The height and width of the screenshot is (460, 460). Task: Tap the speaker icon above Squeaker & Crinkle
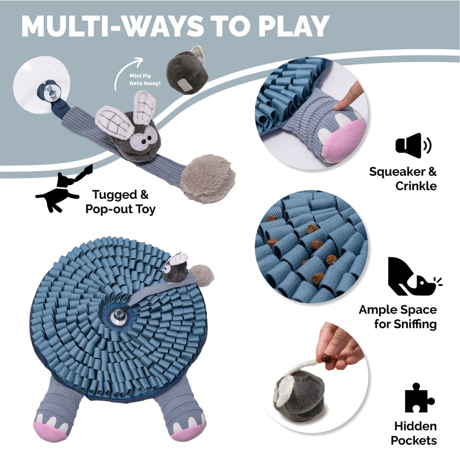pyautogui.click(x=412, y=146)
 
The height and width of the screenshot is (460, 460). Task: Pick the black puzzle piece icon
pyautogui.click(x=419, y=398)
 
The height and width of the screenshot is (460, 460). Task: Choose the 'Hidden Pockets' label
pyautogui.click(x=416, y=433)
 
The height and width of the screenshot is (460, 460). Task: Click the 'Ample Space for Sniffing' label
pyautogui.click(x=398, y=317)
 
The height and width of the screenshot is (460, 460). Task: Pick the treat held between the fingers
pyautogui.click(x=326, y=359)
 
